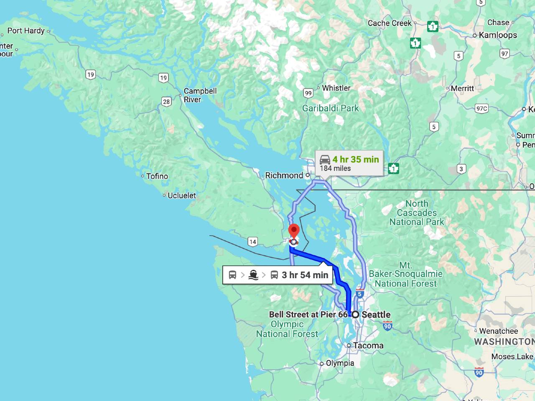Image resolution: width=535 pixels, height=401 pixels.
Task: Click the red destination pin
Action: [x=294, y=231]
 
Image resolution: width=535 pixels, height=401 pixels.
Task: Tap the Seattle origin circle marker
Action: [x=355, y=315]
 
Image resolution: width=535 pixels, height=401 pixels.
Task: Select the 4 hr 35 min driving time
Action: [x=355, y=159]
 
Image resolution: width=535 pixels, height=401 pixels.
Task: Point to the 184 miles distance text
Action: [x=335, y=168]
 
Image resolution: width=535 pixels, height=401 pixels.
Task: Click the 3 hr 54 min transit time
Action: [x=305, y=275]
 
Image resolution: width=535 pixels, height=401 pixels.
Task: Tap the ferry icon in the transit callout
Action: [x=253, y=275]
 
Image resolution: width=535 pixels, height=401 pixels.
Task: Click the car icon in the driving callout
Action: [x=325, y=160]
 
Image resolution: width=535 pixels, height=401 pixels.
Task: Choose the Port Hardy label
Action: [x=26, y=30]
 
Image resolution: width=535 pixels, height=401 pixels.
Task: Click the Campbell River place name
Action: [x=200, y=95]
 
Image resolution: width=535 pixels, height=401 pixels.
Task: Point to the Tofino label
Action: [x=157, y=176]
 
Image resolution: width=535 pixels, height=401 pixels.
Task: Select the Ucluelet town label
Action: [x=181, y=195]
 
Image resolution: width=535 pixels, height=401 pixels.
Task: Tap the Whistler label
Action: [x=336, y=88]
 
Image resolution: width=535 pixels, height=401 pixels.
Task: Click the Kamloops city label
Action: [x=498, y=35]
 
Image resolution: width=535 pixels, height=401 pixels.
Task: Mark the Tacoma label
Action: [x=368, y=345]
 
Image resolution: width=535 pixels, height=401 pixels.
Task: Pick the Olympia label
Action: [x=340, y=363]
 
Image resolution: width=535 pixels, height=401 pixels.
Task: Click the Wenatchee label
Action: [x=498, y=331]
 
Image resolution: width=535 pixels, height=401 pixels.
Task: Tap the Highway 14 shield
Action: [x=252, y=242]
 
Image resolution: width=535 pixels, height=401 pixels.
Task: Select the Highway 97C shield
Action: [x=481, y=109]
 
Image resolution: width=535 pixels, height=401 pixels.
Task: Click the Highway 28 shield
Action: [x=166, y=102]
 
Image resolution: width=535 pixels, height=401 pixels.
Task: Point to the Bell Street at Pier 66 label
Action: [x=308, y=315]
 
